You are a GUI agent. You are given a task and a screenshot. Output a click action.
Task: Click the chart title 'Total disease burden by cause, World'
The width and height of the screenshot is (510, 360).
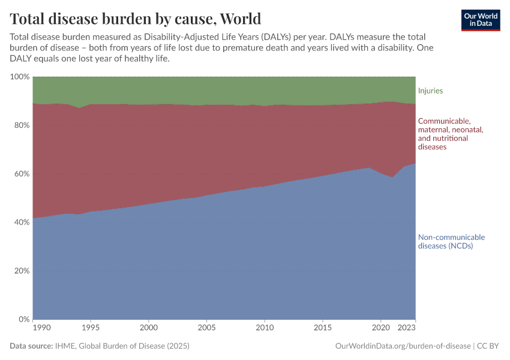[135, 17]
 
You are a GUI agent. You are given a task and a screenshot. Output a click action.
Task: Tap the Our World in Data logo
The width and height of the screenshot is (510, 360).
[480, 20]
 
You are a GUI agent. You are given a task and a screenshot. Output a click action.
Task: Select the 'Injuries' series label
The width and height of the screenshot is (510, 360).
[430, 91]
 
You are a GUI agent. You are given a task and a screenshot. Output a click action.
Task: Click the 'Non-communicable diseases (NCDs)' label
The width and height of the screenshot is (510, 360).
[451, 241]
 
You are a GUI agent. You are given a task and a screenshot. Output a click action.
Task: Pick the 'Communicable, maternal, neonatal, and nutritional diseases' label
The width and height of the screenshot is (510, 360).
[450, 134]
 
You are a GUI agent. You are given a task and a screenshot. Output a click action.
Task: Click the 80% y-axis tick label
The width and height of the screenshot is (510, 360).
[20, 125]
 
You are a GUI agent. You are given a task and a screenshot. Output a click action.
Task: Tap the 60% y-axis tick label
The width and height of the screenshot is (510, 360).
[20, 174]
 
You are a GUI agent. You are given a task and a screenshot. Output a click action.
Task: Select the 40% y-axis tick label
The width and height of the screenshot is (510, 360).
[20, 223]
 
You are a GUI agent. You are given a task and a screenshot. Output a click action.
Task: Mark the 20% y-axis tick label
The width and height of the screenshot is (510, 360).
[20, 271]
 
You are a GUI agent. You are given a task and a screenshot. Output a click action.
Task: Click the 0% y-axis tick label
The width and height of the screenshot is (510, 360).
[23, 319]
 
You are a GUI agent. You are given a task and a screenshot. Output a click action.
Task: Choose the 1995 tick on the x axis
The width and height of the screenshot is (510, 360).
[91, 328]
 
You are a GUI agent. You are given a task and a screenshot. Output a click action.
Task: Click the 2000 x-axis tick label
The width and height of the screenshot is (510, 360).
[149, 328]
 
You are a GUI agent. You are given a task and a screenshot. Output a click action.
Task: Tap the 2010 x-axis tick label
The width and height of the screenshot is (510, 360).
[265, 328]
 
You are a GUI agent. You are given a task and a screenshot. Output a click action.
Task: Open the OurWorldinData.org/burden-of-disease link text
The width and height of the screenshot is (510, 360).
[402, 346]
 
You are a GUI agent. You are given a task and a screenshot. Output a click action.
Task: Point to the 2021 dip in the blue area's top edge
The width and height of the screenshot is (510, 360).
[392, 178]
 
